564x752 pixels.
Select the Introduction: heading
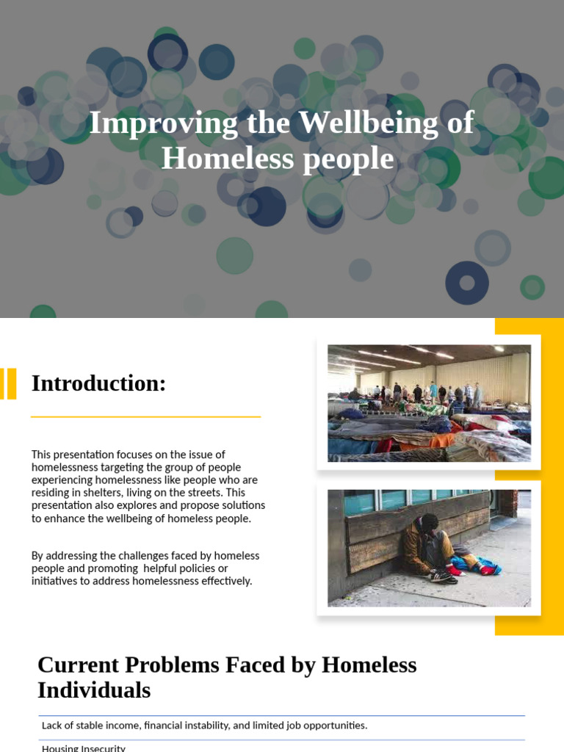click(x=99, y=383)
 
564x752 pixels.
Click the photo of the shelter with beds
click(x=429, y=403)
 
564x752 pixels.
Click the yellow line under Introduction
click(x=145, y=417)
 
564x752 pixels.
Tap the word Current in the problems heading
click(x=77, y=665)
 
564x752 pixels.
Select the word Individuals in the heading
click(x=94, y=691)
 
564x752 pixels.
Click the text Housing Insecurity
click(x=84, y=748)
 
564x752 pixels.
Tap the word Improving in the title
click(x=163, y=123)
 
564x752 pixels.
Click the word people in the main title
click(x=351, y=159)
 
